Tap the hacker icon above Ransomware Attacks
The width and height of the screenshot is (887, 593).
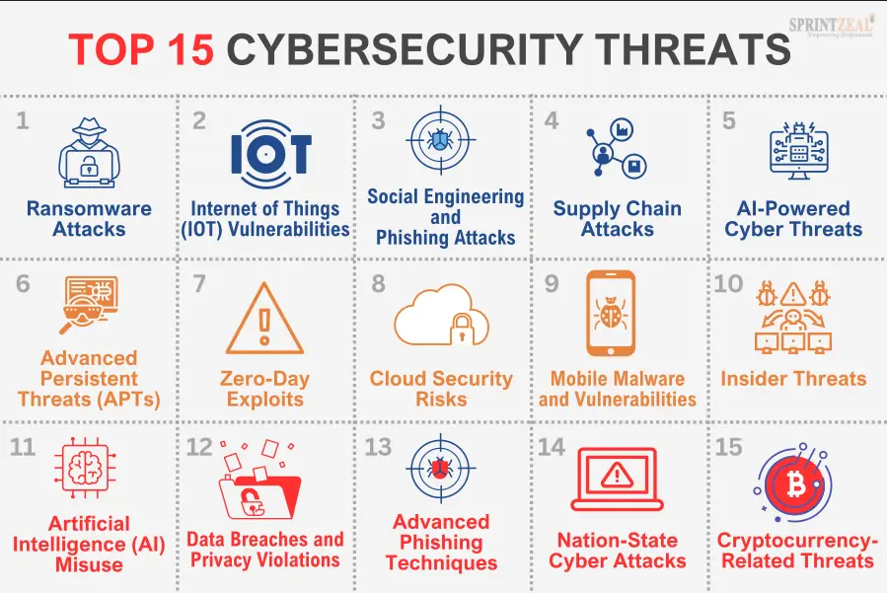point(89,151)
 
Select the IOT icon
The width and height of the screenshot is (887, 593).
point(269,153)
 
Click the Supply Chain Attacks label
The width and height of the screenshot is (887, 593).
point(618,219)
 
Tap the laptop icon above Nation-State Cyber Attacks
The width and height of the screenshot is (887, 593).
point(618,479)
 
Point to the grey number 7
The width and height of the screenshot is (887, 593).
point(199,284)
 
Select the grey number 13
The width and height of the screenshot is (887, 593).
point(378,446)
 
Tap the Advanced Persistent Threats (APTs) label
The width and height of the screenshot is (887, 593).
point(89,379)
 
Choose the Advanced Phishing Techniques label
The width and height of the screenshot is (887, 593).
point(441,543)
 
